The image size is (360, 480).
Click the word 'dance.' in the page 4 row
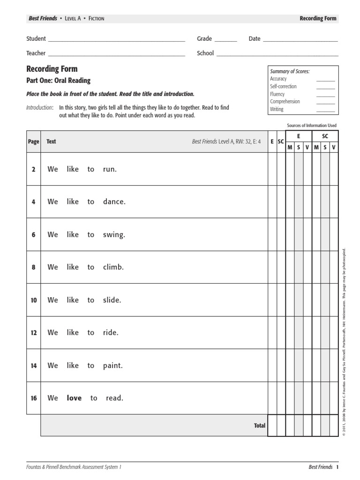[114, 202]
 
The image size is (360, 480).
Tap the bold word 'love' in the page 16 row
[74, 398]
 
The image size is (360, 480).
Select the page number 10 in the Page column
[33, 300]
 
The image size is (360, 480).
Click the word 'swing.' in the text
[114, 235]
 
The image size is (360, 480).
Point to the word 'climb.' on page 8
[113, 267]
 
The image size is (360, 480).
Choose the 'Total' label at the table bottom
[259, 426]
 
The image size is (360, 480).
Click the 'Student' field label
[36, 39]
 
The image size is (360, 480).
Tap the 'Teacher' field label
[36, 53]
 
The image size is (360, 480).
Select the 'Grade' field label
[204, 39]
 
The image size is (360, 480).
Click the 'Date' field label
[255, 39]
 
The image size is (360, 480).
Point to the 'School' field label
[205, 53]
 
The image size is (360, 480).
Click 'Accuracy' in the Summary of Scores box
[278, 79]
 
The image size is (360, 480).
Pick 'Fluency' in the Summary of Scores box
[277, 94]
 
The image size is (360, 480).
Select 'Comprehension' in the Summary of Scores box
[285, 102]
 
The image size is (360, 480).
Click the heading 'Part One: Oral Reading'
[59, 81]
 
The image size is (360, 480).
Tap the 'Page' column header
[33, 142]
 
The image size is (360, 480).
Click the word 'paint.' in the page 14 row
[113, 366]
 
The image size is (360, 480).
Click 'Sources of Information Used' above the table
[311, 126]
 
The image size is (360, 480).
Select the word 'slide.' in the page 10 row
[112, 300]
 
